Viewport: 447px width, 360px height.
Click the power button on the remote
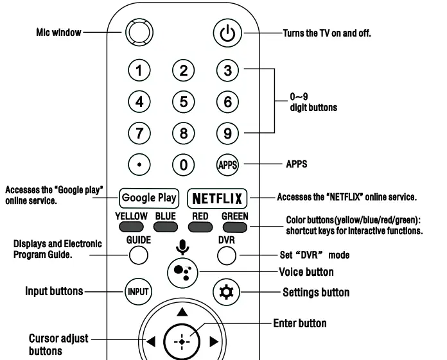click(x=227, y=33)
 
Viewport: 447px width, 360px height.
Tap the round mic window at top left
click(x=137, y=32)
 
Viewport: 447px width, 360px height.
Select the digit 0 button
click(x=184, y=165)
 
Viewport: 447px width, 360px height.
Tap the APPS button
click(x=227, y=165)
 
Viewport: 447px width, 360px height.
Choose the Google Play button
click(x=148, y=198)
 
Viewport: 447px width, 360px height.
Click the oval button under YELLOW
click(x=131, y=227)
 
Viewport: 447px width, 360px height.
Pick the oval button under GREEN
click(x=234, y=227)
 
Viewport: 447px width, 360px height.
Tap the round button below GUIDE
click(x=138, y=255)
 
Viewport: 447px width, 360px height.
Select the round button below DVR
click(x=227, y=255)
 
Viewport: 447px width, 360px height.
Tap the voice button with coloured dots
click(x=182, y=272)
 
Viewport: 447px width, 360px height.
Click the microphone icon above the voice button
click(x=182, y=246)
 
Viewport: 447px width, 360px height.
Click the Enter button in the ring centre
click(x=182, y=342)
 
